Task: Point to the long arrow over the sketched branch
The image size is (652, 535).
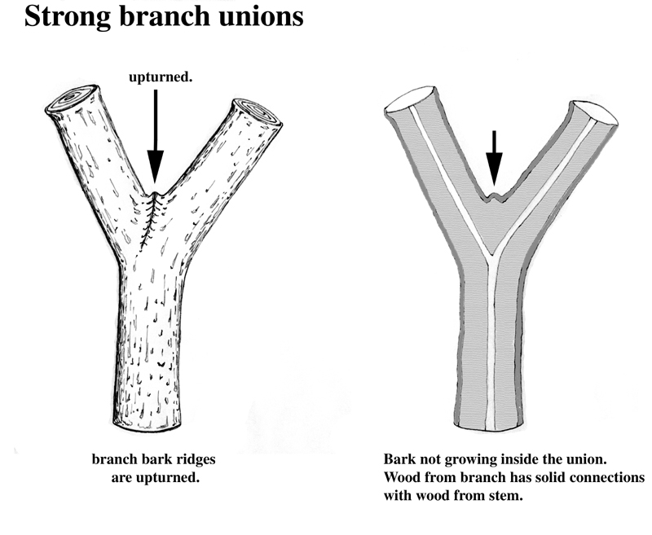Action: point(156,138)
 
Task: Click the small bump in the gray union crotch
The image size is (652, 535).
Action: point(492,195)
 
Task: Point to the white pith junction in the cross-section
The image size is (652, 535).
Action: point(491,261)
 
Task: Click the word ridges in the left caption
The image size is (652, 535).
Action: point(192,460)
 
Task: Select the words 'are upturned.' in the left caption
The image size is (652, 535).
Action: point(155,477)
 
